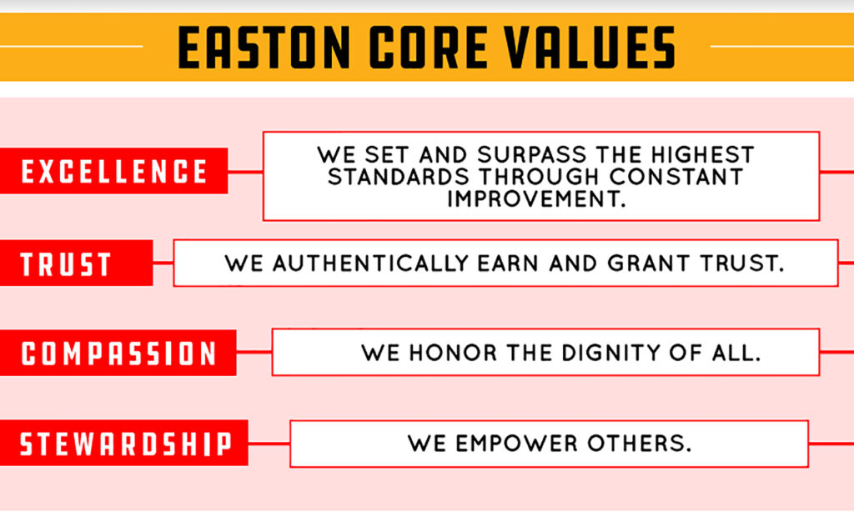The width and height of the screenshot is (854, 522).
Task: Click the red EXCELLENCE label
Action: pos(113,172)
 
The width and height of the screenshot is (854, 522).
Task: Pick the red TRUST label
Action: pos(66,264)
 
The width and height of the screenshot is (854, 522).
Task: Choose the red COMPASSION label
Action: pos(118,353)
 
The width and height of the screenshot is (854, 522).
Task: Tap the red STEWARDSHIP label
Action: pos(124,443)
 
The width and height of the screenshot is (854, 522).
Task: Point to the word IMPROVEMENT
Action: pos(535,199)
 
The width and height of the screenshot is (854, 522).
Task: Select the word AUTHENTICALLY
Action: pos(368,264)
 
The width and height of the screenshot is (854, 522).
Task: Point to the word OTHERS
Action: pos(643,443)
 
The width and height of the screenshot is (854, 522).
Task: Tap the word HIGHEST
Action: pos(703,155)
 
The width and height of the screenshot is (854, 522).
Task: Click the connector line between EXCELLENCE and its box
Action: pos(245,173)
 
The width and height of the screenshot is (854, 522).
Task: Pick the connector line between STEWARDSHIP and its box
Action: pos(269,444)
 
